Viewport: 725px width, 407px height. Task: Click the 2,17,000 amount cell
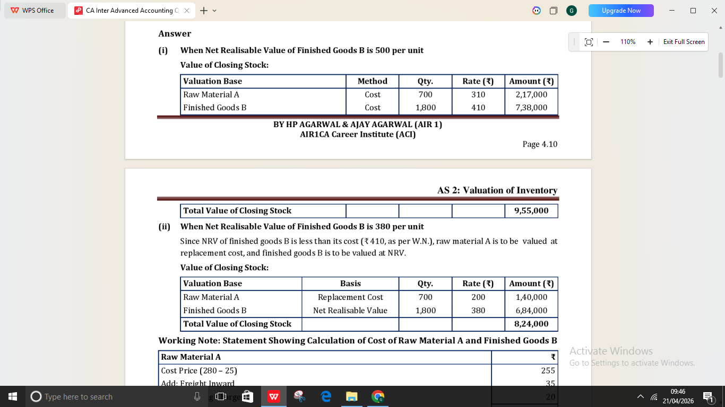531,94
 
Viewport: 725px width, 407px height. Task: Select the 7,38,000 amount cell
531,108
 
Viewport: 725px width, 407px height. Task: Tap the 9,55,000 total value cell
531,210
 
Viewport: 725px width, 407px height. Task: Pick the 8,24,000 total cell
531,324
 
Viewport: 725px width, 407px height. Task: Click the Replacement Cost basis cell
350,297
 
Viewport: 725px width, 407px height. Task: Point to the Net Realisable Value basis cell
350,311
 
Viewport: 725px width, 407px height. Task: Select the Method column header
373,81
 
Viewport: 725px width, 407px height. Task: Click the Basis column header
350,284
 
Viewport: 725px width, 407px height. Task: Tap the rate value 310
478,94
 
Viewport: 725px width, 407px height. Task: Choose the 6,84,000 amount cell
531,311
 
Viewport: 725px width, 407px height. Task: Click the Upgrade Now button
621,11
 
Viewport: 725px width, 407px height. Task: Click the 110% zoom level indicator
628,42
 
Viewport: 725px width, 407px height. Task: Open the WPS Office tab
33,11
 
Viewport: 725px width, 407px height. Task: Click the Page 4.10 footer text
540,144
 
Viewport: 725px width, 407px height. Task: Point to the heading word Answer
175,33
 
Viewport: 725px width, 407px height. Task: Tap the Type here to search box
79,396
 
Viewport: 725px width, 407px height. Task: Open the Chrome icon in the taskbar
378,396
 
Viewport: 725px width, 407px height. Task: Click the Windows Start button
13,396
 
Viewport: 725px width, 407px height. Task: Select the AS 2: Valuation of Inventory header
497,190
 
